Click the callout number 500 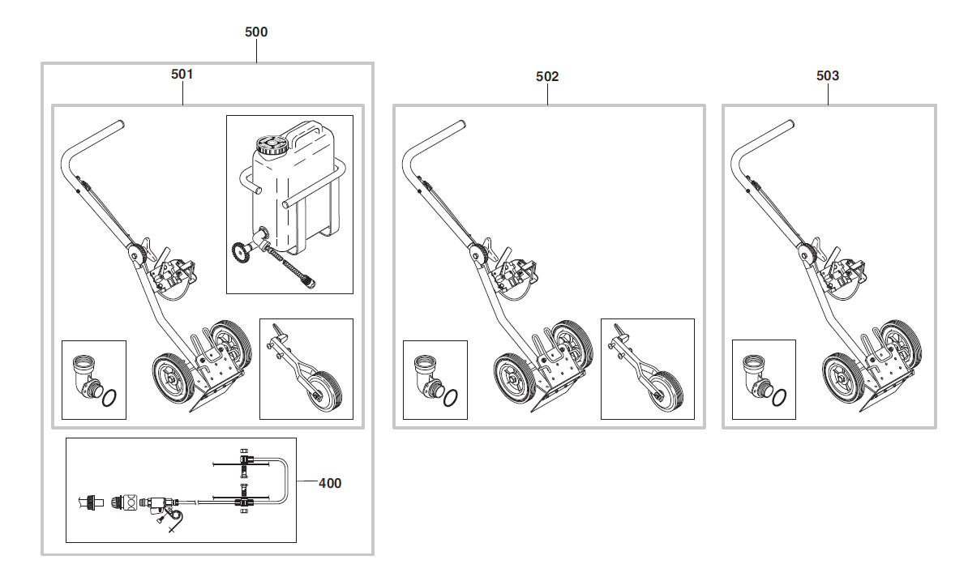(x=256, y=32)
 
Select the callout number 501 (x=182, y=74)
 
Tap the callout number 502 (x=547, y=76)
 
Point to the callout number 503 (x=827, y=76)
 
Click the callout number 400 (x=330, y=483)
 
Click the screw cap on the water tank (x=272, y=144)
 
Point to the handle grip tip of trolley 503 (x=790, y=124)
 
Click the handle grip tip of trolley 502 (x=461, y=125)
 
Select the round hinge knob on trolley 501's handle (x=135, y=254)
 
